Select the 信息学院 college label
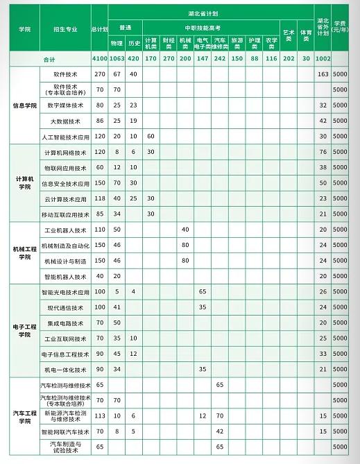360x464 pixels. click(x=25, y=105)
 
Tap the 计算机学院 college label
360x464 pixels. click(x=25, y=182)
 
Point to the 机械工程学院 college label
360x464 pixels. click(x=25, y=252)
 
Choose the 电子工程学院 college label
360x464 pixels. click(x=25, y=331)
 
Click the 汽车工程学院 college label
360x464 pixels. click(x=25, y=416)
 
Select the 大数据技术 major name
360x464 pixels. click(x=65, y=121)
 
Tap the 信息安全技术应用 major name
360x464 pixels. click(x=65, y=183)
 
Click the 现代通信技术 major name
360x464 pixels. click(x=65, y=307)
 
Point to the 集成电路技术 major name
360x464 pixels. click(x=65, y=323)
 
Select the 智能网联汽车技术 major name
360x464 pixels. click(x=65, y=431)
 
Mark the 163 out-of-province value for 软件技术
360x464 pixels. click(x=322, y=74)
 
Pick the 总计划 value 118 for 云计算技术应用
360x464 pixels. click(x=99, y=198)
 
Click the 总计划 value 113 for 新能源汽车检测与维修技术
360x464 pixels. click(x=99, y=415)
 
